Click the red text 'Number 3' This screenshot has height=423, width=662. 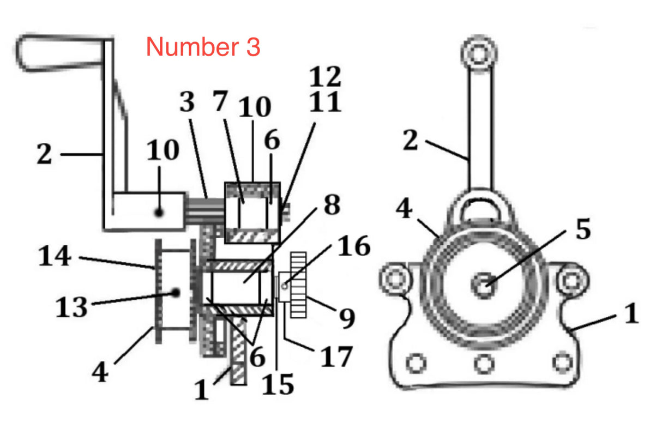coord(203,47)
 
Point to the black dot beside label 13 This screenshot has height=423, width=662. coord(176,293)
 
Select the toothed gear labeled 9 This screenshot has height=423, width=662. coord(299,284)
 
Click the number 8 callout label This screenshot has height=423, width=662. coord(330,207)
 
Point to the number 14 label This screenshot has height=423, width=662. coord(55,256)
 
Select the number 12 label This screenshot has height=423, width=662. coord(325,77)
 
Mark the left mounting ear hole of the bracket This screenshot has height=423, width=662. coord(395,279)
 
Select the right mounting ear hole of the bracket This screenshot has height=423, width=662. coord(571,279)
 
